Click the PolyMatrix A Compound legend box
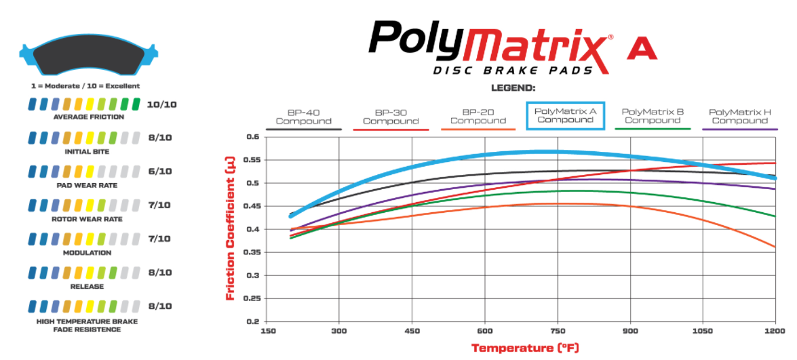565,115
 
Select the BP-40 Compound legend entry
303,117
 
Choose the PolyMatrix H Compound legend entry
739,116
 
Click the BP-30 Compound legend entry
391,117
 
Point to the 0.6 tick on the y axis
252,137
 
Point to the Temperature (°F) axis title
525,348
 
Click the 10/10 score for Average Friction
162,104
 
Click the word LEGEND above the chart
513,88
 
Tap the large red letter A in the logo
641,49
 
